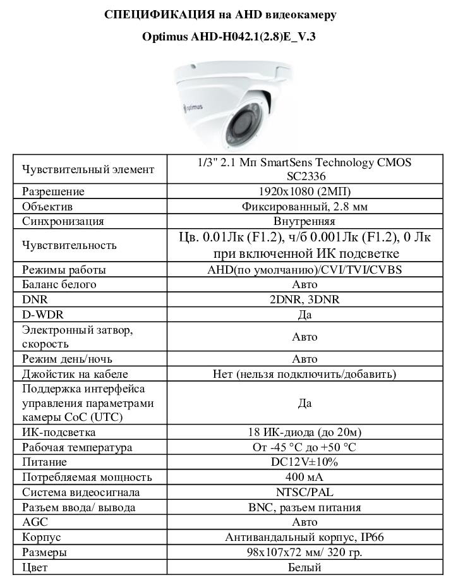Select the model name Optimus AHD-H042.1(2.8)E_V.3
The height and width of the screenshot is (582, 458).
[x=229, y=37]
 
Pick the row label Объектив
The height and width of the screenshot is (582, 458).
[x=48, y=207]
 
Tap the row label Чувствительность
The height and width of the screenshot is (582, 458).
[x=69, y=246]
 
